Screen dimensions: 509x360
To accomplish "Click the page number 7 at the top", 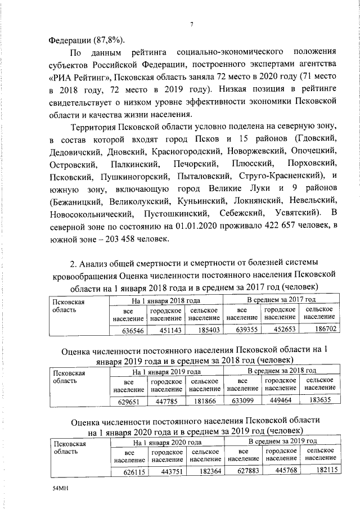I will point(192,24).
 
